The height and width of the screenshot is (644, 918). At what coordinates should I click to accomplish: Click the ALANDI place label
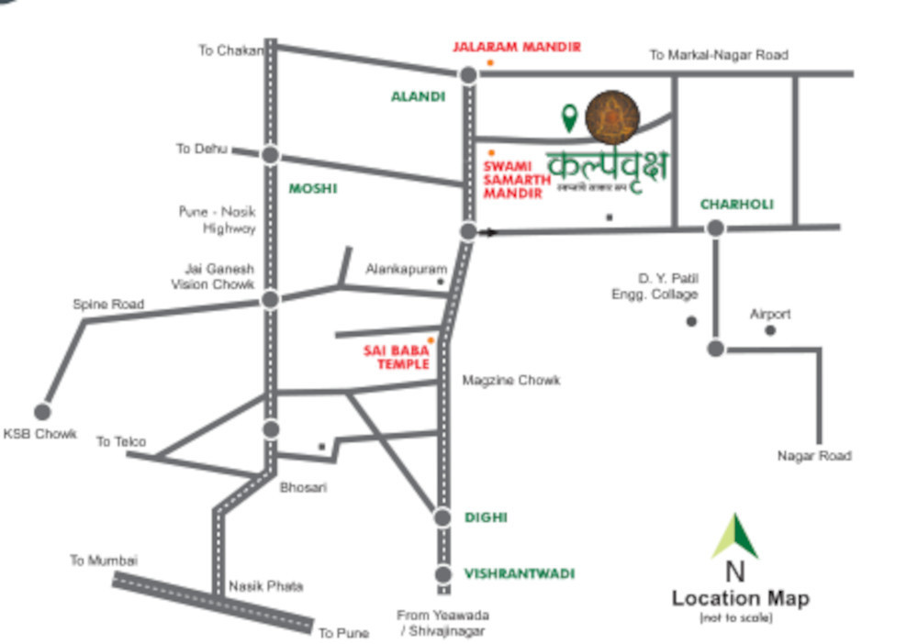[x=418, y=96]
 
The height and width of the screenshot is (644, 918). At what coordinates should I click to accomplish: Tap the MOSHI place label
[x=313, y=188]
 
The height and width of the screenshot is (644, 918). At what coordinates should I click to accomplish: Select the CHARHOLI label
[x=737, y=204]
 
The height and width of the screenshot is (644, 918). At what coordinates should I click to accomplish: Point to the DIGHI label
[x=486, y=517]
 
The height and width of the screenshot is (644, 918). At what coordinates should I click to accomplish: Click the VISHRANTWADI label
[x=519, y=573]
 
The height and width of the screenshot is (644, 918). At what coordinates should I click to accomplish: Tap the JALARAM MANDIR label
[x=516, y=47]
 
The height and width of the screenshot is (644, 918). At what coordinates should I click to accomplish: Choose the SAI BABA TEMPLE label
[x=397, y=357]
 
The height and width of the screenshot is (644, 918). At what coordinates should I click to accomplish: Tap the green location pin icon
[x=569, y=117]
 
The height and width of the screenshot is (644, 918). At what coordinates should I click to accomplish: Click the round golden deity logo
[x=613, y=117]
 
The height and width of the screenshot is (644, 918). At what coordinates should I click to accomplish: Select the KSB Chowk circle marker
[x=42, y=412]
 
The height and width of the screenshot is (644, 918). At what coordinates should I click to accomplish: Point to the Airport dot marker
[x=770, y=330]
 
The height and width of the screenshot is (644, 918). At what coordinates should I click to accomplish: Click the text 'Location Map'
[x=740, y=598]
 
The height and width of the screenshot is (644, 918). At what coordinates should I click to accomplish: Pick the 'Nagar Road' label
[x=814, y=455]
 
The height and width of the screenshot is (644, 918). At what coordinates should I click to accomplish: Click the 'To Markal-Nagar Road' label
[x=719, y=55]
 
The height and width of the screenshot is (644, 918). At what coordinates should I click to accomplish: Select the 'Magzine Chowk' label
[x=510, y=380]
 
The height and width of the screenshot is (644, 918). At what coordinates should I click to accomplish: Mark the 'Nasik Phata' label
[x=265, y=585]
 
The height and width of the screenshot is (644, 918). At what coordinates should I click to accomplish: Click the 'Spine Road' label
[x=108, y=304]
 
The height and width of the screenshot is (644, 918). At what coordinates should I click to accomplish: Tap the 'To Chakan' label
[x=230, y=50]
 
